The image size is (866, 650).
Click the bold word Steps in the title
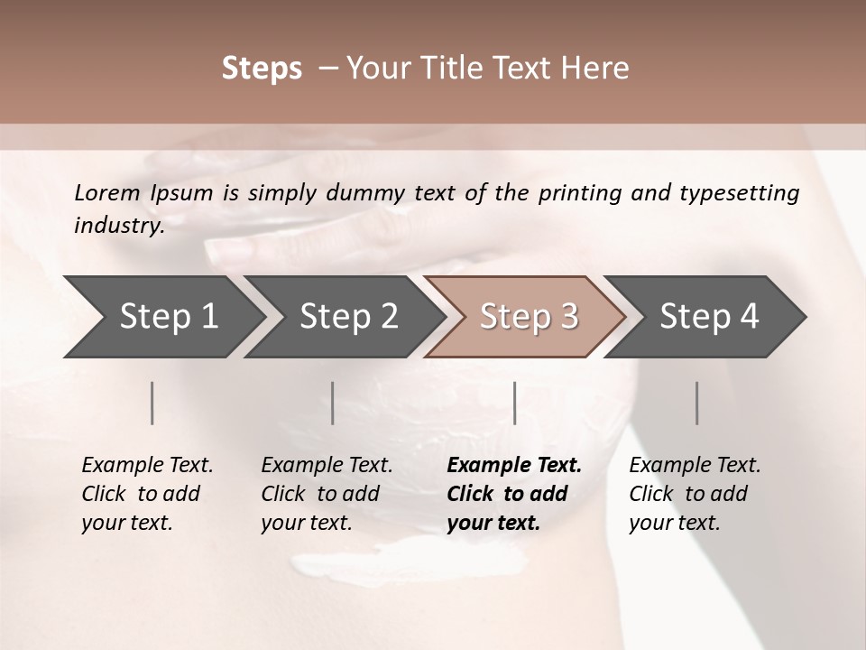click(262, 69)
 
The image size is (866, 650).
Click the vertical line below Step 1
click(152, 403)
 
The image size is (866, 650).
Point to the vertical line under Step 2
click(333, 403)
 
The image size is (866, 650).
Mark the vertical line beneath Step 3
click(515, 403)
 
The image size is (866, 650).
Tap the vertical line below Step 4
click(697, 403)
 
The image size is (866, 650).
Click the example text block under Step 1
click(147, 494)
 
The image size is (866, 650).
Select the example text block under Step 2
click(327, 494)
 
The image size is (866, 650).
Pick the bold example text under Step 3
click(514, 494)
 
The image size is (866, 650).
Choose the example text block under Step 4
click(695, 494)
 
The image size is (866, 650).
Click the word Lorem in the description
click(107, 192)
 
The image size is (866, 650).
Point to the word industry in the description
click(117, 225)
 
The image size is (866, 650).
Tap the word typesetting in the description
click(739, 193)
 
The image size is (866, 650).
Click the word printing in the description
click(580, 193)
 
